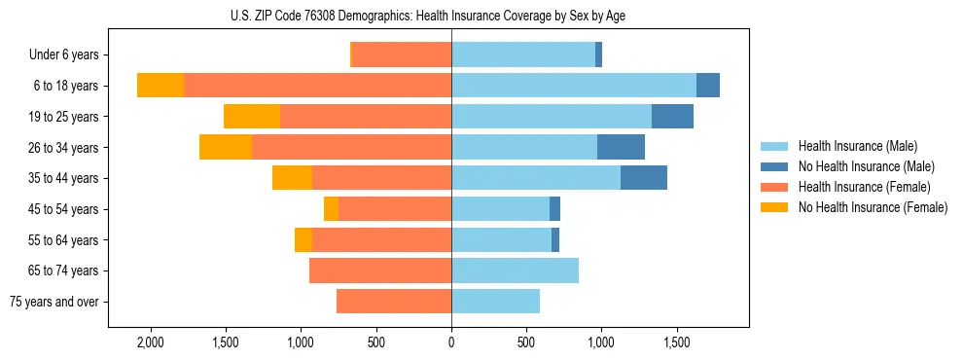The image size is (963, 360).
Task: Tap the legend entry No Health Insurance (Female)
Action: pos(873,207)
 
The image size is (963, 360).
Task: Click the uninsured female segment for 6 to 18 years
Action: pos(160,86)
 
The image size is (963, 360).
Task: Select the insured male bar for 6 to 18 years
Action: pos(574,86)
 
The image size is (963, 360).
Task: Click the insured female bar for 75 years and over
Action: pos(394,302)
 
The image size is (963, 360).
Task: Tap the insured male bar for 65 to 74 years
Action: pos(515,270)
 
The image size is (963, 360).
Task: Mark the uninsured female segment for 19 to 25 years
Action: pos(252,117)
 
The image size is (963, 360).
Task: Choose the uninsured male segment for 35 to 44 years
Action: pos(644,178)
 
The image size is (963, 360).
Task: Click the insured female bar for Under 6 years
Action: pos(402,55)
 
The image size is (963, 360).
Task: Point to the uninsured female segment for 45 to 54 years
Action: pos(331,209)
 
